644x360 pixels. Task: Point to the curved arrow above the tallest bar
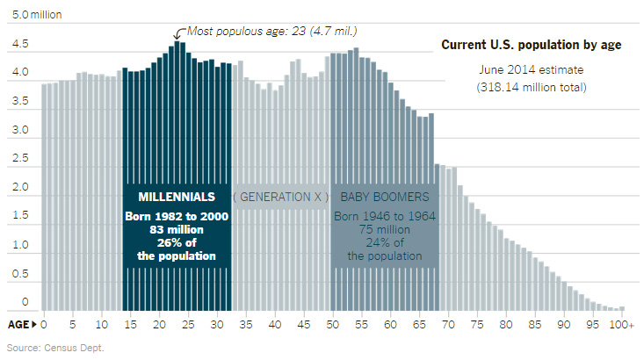pos(177,34)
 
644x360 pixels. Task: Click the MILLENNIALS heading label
pos(177,197)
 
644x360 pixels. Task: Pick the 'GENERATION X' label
pos(281,197)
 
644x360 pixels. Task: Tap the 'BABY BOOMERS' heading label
pos(385,197)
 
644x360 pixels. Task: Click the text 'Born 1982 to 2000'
pos(177,216)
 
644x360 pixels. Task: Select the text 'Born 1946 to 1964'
pos(385,216)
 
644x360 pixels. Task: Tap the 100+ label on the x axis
pos(623,325)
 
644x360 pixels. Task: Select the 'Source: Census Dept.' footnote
pos(55,348)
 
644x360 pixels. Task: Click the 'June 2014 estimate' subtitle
pos(531,68)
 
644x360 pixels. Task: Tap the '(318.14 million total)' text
pos(531,87)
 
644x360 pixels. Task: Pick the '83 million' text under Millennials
pos(177,229)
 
